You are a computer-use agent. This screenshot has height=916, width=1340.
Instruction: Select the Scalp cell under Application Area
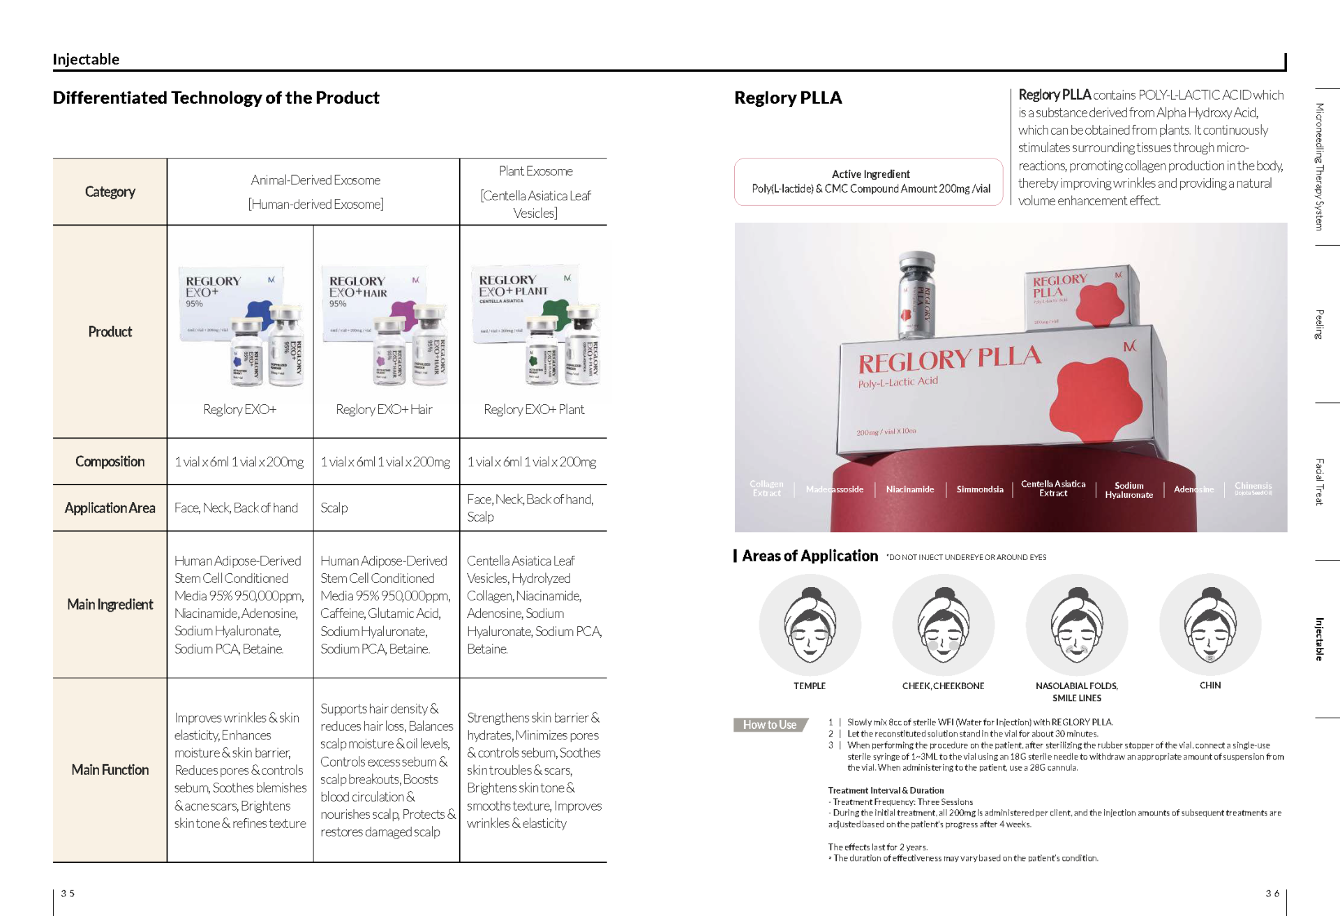tap(334, 508)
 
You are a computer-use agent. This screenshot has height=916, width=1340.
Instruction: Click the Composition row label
tap(110, 461)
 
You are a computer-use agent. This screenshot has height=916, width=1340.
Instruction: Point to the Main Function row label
tap(110, 769)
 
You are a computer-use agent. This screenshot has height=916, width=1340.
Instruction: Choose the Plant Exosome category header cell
tap(535, 192)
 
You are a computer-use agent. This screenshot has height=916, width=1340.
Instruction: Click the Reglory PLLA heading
tap(788, 98)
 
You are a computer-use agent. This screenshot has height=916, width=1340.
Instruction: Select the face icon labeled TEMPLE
tap(810, 624)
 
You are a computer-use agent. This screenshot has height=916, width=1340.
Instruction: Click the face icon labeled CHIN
tap(1210, 624)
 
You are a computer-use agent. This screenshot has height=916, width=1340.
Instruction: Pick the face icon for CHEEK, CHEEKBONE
tap(943, 624)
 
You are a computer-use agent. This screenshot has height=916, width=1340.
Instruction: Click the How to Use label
tap(770, 725)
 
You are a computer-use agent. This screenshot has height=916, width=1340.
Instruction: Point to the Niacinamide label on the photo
tap(909, 489)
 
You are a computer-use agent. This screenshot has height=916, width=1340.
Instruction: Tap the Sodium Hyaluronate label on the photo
tap(1129, 490)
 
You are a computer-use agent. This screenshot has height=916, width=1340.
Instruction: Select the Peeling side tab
tap(1319, 324)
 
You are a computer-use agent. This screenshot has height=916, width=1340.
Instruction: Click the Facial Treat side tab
tap(1319, 482)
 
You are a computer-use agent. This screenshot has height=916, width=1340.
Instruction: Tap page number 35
tap(68, 894)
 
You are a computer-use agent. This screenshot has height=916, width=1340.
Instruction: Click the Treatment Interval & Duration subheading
tap(886, 790)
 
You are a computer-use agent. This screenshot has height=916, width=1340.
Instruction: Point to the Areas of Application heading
tap(810, 556)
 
